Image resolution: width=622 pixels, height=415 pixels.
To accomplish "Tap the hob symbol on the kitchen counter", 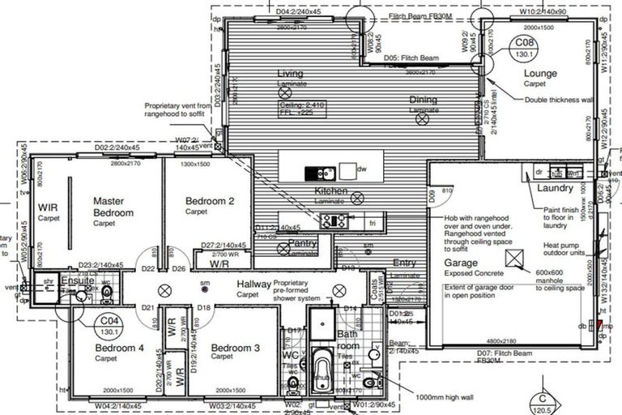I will [x=333, y=219].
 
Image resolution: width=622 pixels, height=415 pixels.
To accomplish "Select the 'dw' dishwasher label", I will [x=361, y=170].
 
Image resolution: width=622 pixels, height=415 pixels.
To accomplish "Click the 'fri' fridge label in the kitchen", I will [x=373, y=222].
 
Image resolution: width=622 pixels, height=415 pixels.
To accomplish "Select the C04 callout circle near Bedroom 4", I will [x=106, y=326].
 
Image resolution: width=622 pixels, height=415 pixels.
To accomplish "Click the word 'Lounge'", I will [x=540, y=74].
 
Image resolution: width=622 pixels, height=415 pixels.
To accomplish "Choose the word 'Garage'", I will [x=461, y=263].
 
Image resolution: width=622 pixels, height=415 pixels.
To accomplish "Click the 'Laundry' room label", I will [x=556, y=189].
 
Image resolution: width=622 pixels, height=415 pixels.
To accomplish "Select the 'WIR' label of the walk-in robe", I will [x=48, y=207].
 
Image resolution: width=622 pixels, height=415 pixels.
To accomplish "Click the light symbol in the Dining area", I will [x=421, y=119].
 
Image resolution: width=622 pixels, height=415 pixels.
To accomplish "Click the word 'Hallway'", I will [x=253, y=284].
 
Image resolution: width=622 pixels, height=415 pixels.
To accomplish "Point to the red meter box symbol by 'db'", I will [x=599, y=327].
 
